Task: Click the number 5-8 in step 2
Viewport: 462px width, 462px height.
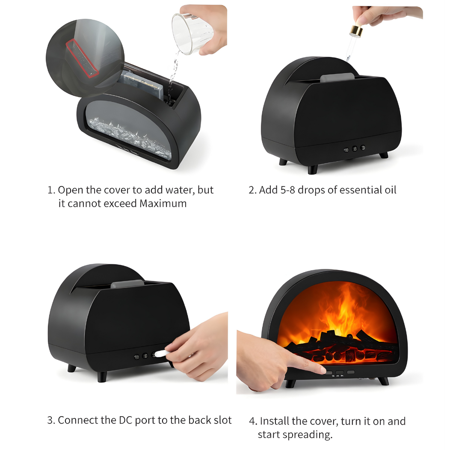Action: (287, 190)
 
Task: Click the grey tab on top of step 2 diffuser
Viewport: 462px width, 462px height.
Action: (337, 78)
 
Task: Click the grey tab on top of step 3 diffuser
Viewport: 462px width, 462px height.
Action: (127, 284)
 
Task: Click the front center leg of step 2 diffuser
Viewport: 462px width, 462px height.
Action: (313, 169)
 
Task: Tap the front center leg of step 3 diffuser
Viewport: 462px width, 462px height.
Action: (102, 376)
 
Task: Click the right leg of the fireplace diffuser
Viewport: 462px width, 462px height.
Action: (383, 380)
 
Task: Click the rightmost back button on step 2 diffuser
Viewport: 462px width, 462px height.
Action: (363, 148)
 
